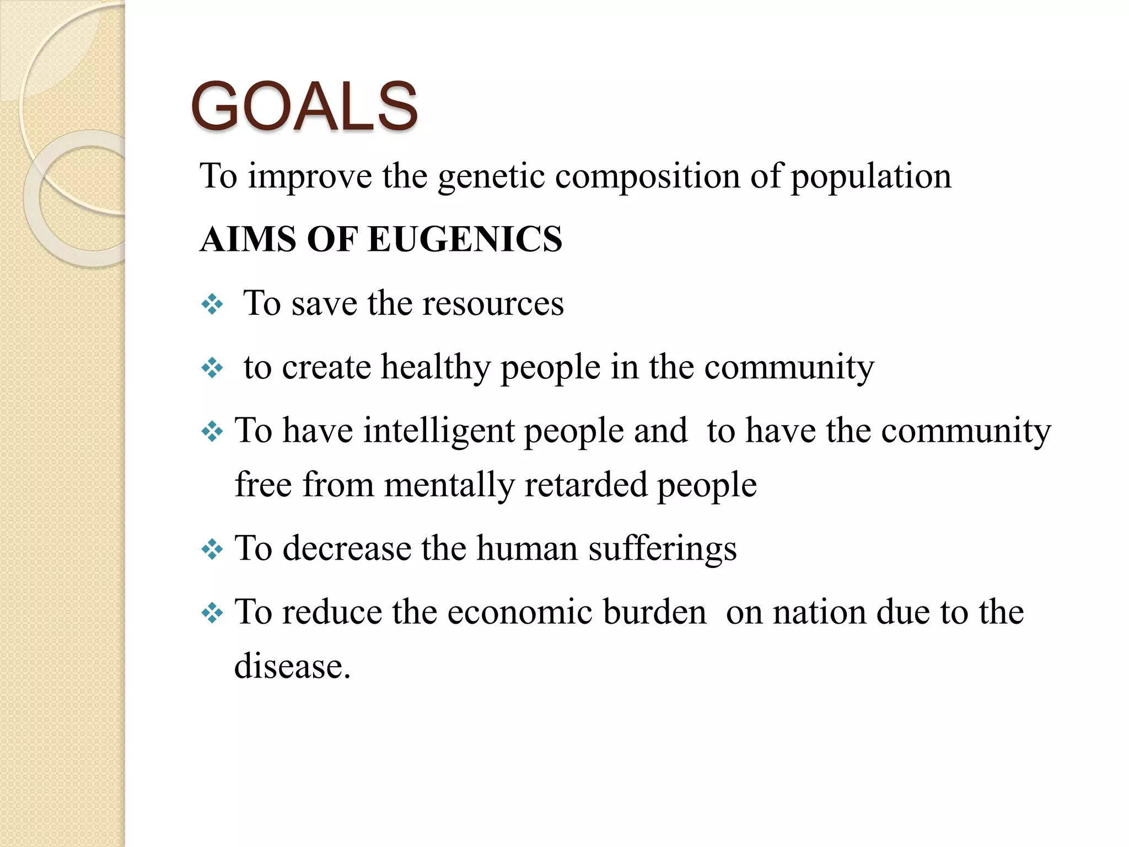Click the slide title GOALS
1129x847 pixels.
point(304,106)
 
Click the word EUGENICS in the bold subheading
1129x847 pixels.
point(465,239)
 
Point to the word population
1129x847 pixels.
point(871,178)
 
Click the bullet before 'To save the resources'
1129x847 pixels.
point(212,304)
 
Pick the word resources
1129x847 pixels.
point(493,304)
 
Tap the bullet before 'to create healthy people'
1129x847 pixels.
point(212,368)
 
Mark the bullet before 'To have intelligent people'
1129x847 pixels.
point(212,431)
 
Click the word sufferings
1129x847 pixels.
point(662,549)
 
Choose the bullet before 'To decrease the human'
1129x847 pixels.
point(212,549)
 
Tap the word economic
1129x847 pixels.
point(519,612)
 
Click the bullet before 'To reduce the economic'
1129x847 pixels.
point(212,613)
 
